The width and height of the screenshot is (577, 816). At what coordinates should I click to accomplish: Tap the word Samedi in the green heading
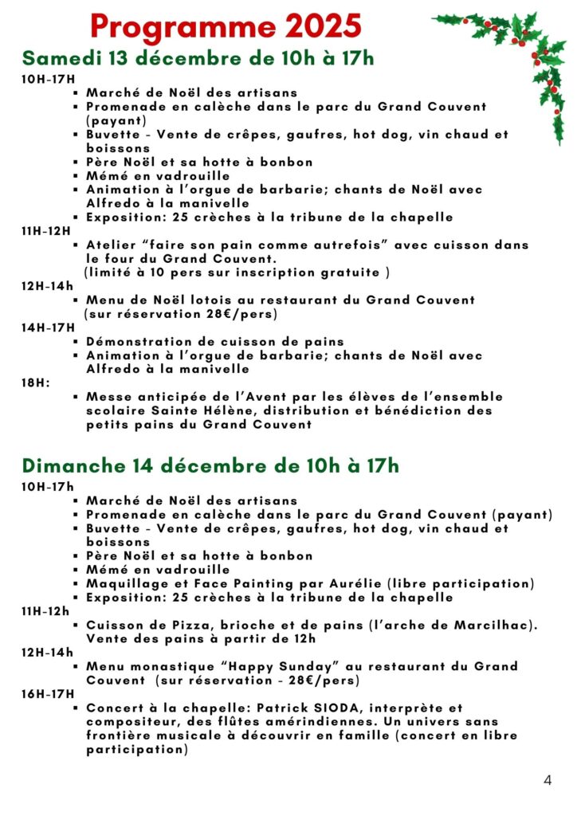tap(61, 58)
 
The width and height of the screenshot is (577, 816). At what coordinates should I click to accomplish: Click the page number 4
tap(548, 780)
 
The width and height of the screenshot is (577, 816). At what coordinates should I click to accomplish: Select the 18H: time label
tap(35, 382)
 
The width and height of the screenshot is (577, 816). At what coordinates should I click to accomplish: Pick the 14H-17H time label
tap(47, 328)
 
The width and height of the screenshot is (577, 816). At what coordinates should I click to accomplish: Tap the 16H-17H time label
tap(47, 694)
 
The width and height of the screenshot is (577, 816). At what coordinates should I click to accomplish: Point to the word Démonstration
tap(136, 342)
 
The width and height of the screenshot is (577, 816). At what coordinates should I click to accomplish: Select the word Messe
tap(106, 397)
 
